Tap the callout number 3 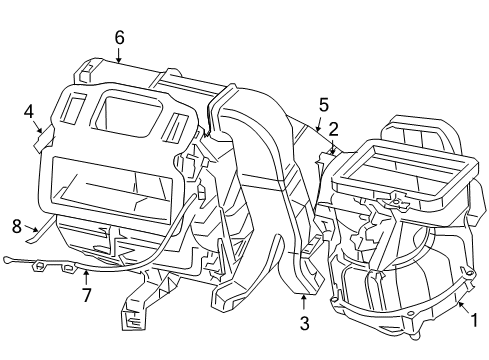304,323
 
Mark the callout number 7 87,295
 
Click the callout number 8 16,225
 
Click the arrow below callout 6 119,56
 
